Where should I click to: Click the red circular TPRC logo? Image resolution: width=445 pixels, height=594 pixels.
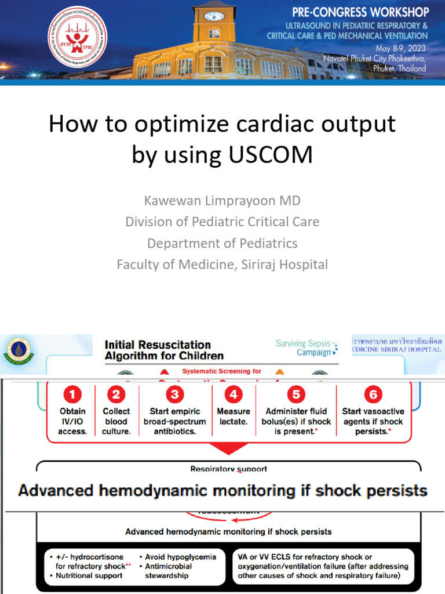[x=74, y=36]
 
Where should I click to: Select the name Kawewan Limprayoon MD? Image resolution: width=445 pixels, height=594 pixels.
[x=222, y=201]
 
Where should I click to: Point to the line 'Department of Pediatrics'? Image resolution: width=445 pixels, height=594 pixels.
[x=222, y=243]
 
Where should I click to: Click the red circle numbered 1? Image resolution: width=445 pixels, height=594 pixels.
[x=72, y=395]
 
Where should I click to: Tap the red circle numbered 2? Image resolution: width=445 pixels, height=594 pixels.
[x=116, y=395]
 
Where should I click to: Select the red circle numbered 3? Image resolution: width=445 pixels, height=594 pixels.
[x=174, y=395]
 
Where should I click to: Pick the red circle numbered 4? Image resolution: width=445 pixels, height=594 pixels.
[x=234, y=395]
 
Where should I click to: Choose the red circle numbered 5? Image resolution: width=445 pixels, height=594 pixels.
[x=296, y=395]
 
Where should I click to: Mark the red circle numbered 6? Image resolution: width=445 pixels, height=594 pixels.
[x=373, y=395]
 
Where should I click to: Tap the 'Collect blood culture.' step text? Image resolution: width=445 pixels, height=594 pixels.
[x=116, y=421]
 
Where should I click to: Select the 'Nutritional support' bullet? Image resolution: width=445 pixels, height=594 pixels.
[x=89, y=575]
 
